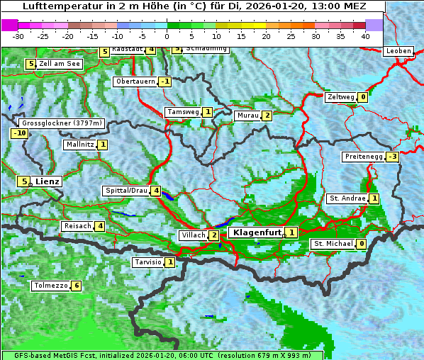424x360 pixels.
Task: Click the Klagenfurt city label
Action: coord(256,232)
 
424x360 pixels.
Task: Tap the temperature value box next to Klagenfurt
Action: coord(291,232)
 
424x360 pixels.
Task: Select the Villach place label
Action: coord(193,235)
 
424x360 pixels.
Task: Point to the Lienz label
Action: coord(48,181)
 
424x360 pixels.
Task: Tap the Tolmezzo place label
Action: coord(50,286)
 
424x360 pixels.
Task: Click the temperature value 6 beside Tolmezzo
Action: coord(76,286)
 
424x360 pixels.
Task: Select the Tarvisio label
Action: coord(147,262)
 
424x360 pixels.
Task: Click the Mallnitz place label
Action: coord(79,145)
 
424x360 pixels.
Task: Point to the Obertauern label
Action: coord(135,81)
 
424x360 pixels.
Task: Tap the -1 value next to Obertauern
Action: coord(164,81)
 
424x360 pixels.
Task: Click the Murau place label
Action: coord(247,116)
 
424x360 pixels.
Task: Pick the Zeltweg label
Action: coord(340,97)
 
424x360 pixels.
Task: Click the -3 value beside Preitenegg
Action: coord(392,157)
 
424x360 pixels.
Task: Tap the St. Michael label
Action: coord(333,244)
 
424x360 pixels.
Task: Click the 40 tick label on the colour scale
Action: coord(365,35)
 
